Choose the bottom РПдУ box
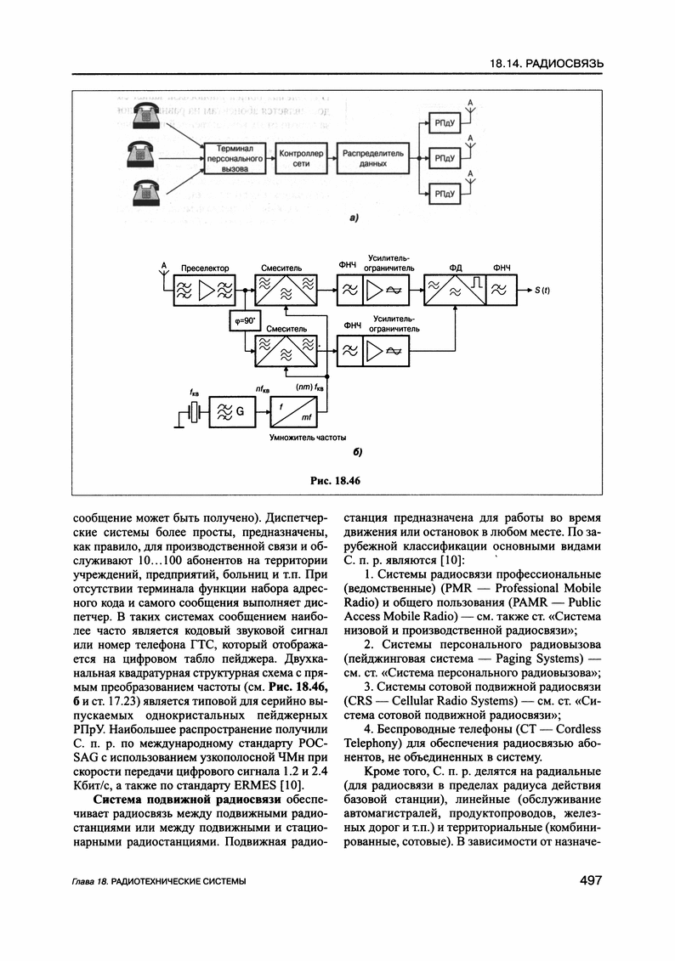coord(445,195)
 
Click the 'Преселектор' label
coord(205,269)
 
